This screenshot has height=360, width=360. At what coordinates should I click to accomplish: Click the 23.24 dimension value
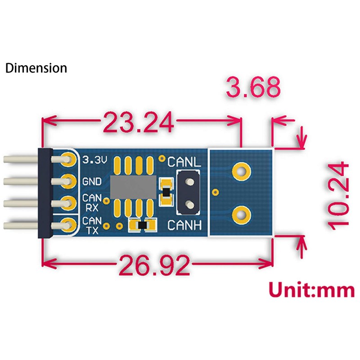pyautogui.click(x=138, y=121)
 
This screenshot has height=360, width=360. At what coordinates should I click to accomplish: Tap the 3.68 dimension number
pyautogui.click(x=253, y=88)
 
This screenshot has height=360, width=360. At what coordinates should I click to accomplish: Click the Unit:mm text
pyautogui.click(x=311, y=290)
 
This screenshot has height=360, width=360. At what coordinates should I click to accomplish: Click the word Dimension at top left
pyautogui.click(x=36, y=68)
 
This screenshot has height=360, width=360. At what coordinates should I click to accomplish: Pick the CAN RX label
pyautogui.click(x=92, y=202)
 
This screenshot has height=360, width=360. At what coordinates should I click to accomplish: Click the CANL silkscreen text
pyautogui.click(x=184, y=162)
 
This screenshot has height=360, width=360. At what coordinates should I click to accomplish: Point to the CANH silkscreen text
pyautogui.click(x=184, y=225)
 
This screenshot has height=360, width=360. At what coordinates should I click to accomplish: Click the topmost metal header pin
pyautogui.click(x=20, y=159)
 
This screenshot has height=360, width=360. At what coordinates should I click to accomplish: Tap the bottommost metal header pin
pyautogui.click(x=20, y=224)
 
